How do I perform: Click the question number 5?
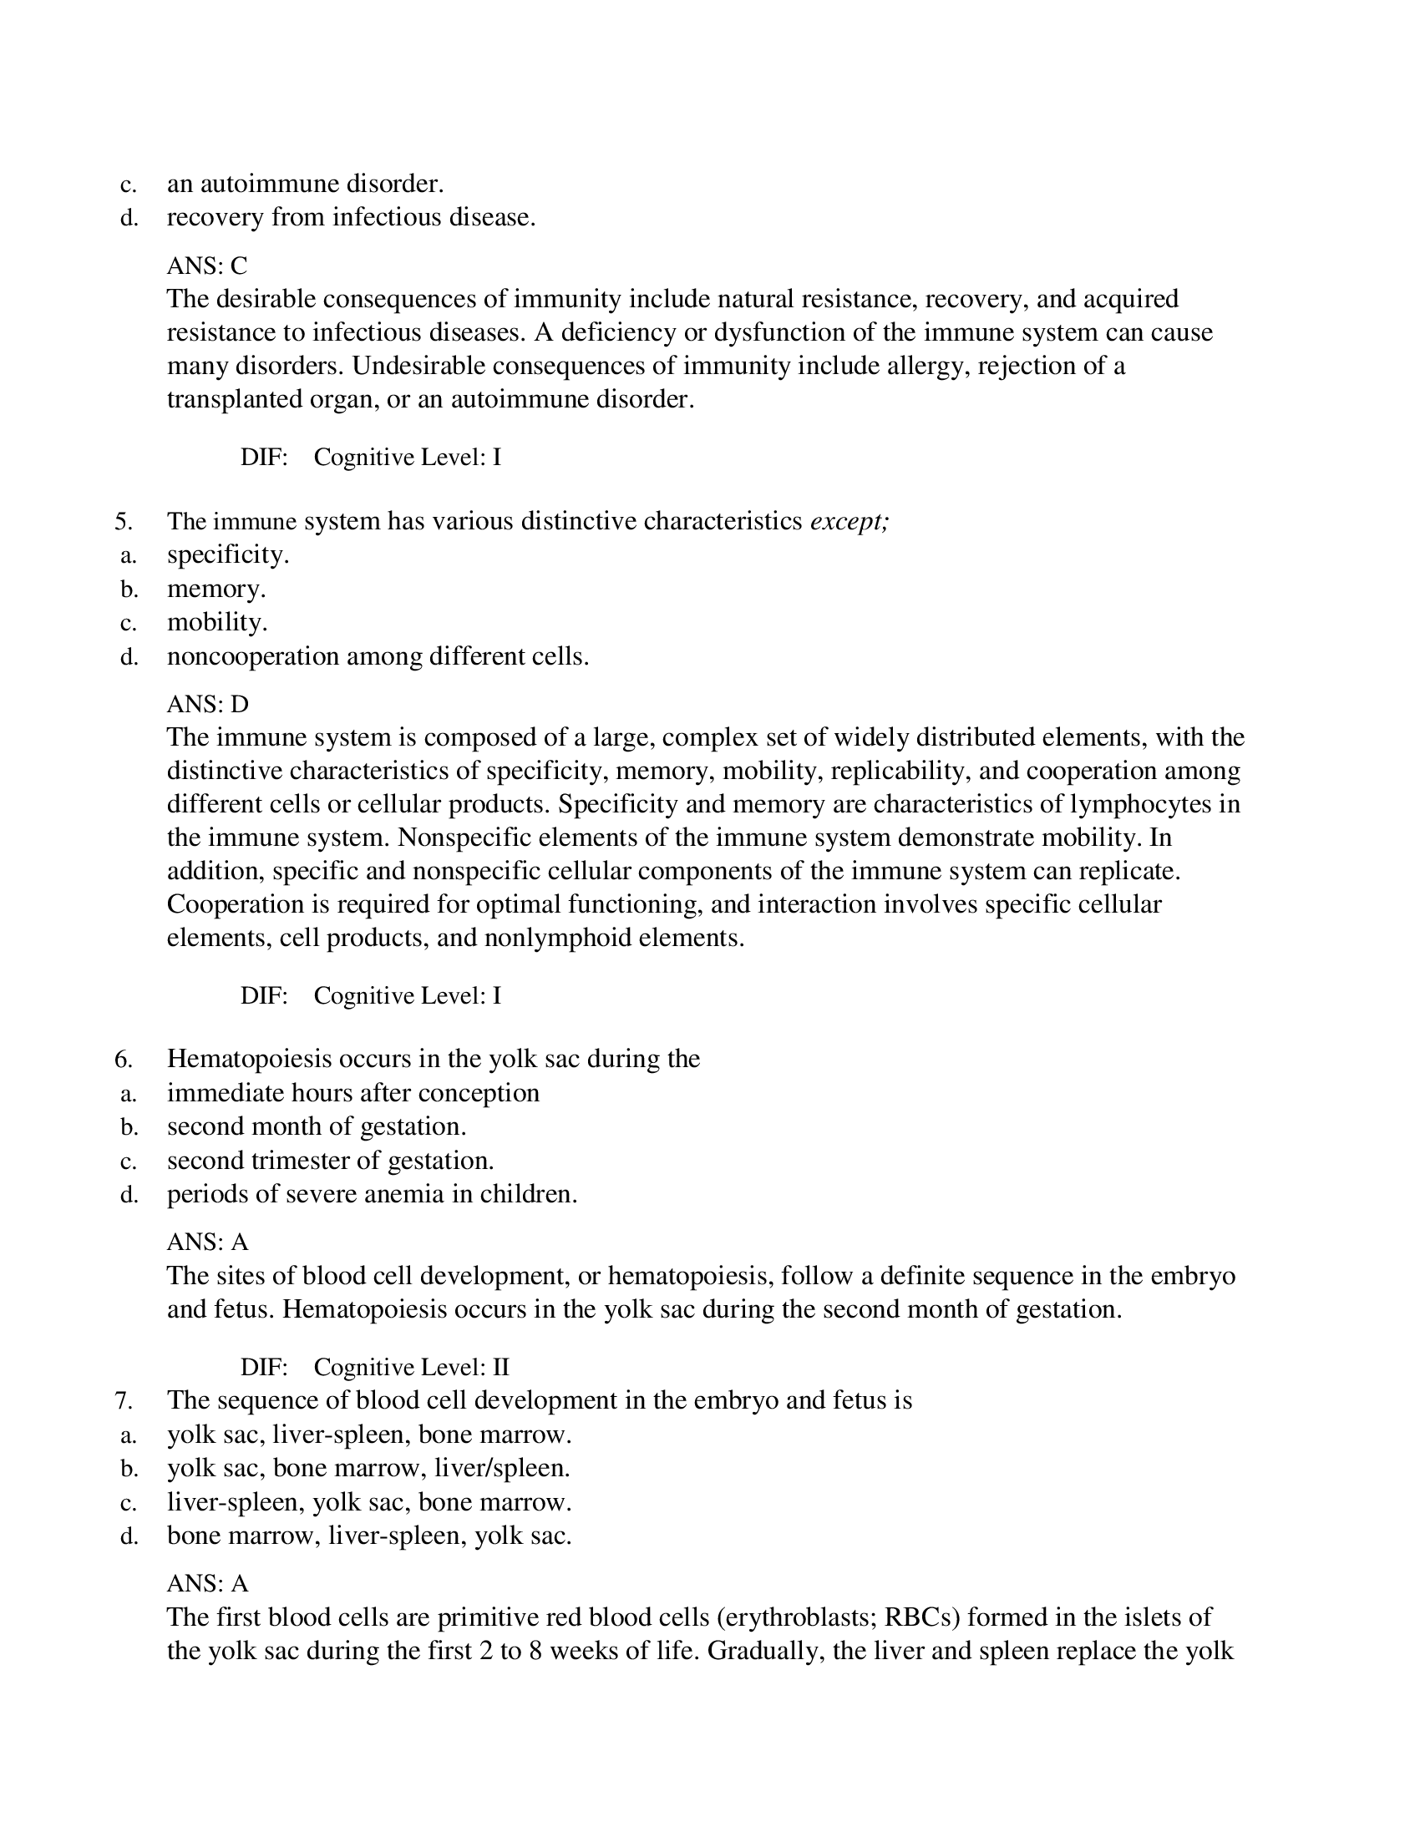124,523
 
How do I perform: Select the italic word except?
849,523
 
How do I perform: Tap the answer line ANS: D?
208,704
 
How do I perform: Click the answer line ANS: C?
207,266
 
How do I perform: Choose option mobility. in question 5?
217,622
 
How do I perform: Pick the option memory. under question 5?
216,589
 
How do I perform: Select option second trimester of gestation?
330,1161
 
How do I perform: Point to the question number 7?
124,1400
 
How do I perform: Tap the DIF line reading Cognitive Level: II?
411,1367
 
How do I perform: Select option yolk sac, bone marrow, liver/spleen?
368,1469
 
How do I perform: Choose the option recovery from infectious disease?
351,218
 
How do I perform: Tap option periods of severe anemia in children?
372,1194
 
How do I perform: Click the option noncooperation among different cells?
378,657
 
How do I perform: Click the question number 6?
124,1060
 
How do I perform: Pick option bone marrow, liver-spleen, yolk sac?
368,1536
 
